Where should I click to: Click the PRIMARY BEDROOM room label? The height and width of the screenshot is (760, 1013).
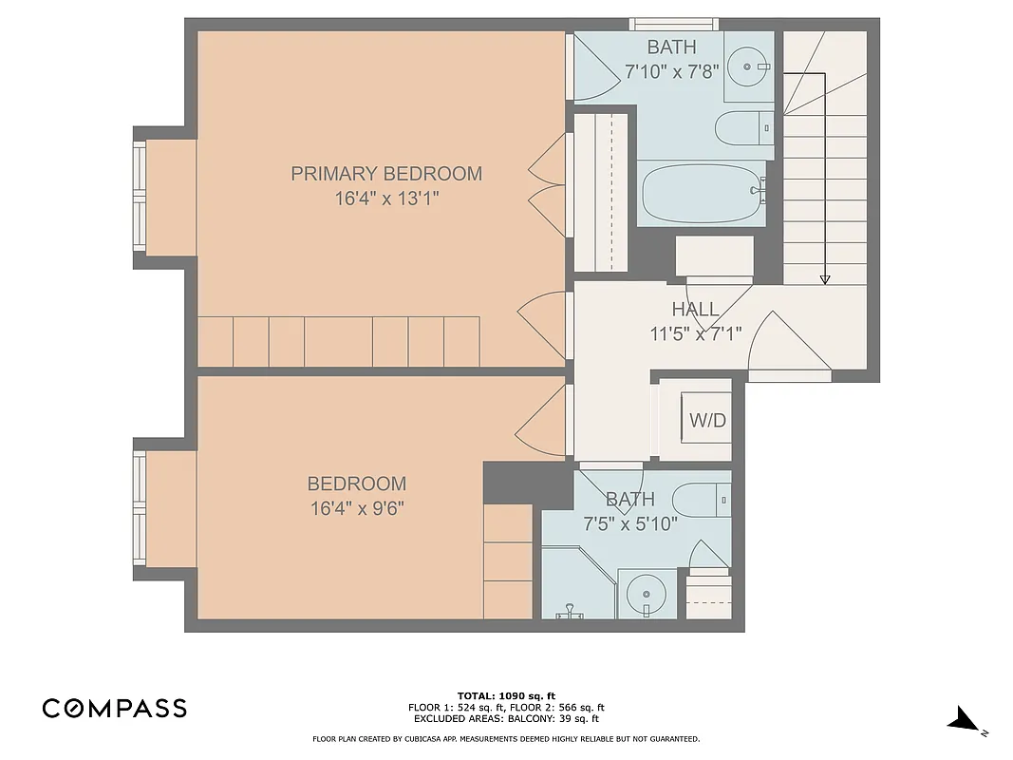click(385, 173)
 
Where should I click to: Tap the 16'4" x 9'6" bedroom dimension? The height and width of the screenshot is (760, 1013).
click(357, 507)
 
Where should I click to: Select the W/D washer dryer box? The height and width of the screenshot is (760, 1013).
click(707, 419)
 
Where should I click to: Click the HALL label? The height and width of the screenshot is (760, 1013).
click(695, 309)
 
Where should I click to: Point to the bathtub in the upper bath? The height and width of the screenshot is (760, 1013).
click(703, 193)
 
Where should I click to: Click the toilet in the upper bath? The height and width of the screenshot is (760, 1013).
click(744, 127)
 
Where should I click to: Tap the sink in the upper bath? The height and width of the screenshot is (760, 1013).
click(749, 66)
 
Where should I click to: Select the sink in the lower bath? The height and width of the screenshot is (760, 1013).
click(647, 594)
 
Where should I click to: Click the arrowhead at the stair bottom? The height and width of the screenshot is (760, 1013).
click(824, 278)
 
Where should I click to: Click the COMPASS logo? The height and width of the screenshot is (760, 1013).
click(114, 708)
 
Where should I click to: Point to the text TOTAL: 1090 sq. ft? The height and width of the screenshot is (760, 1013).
click(506, 695)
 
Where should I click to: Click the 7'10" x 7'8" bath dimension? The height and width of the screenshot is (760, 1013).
click(672, 71)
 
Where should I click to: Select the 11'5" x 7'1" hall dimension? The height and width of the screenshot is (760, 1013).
click(695, 332)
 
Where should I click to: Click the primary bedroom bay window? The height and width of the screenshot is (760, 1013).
click(140, 198)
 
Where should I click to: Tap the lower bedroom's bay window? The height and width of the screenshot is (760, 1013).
click(140, 507)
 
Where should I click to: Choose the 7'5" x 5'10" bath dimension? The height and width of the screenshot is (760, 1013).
click(629, 522)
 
